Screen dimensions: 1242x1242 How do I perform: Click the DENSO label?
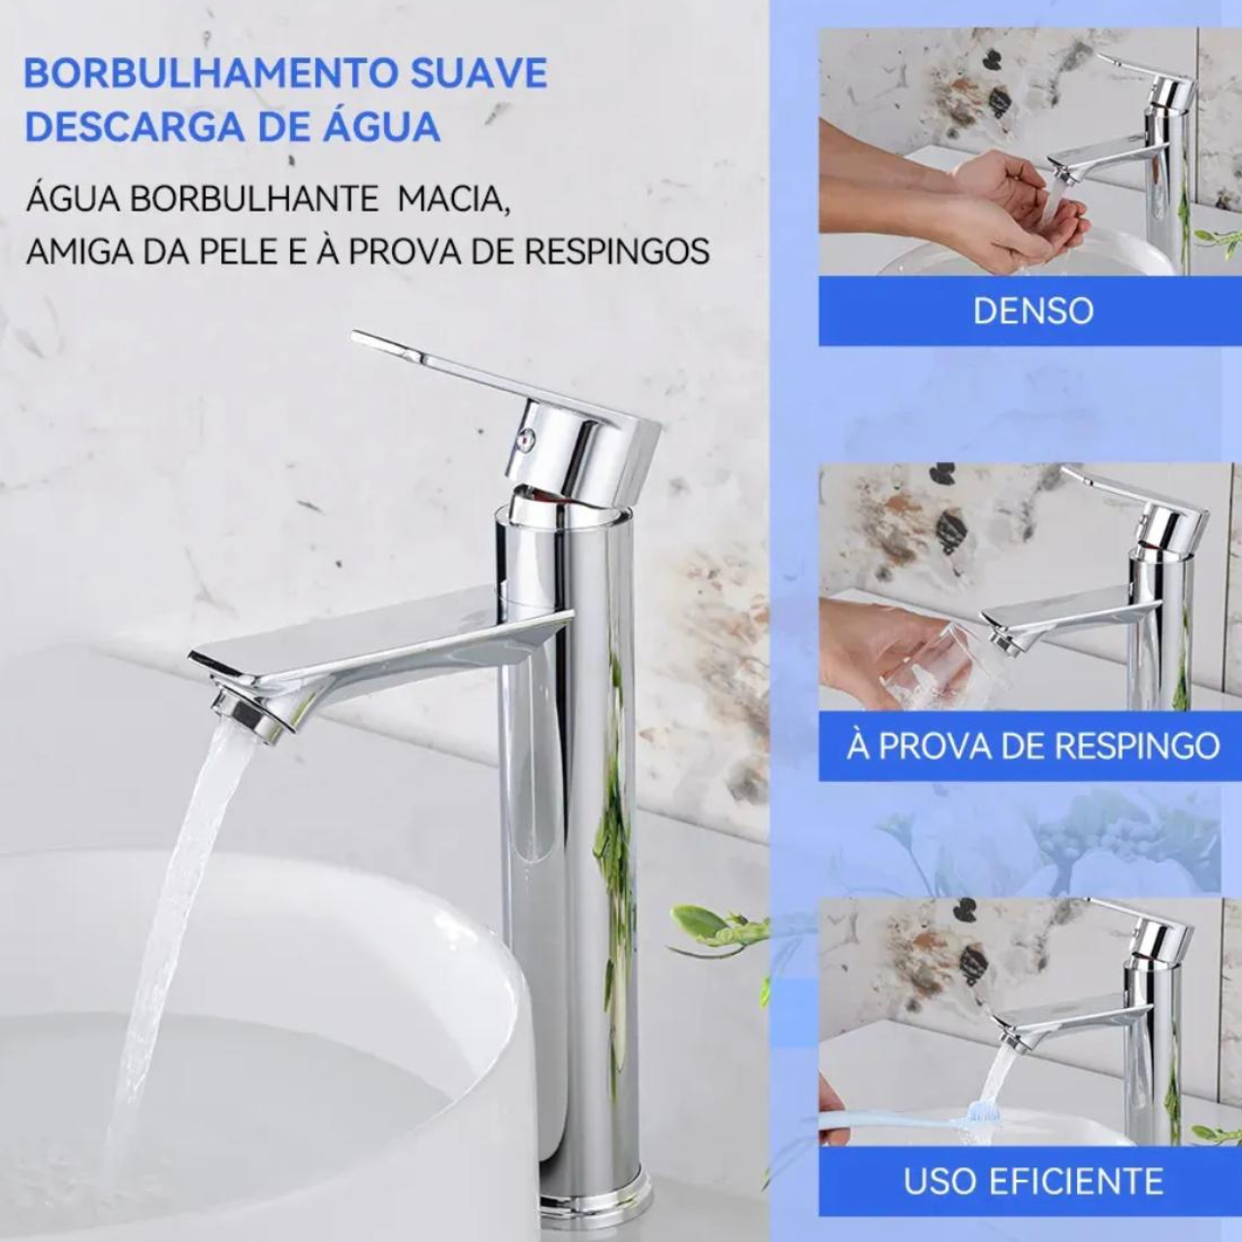tap(1033, 310)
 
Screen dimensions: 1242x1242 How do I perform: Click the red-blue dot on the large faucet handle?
tap(527, 441)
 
